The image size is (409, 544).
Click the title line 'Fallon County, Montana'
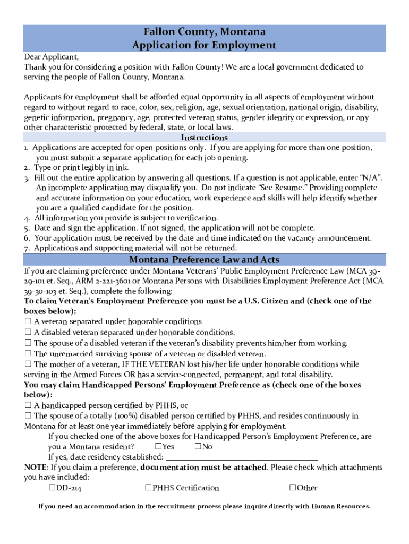(204, 32)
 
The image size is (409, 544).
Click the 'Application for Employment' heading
(204, 45)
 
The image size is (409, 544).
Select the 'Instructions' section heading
(204, 138)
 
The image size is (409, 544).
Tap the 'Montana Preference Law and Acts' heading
(204, 260)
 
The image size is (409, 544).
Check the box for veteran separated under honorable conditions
(28, 321)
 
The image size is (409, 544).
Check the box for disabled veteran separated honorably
(28, 332)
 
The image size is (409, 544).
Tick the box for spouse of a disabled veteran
(28, 343)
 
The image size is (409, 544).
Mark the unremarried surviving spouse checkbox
(28, 354)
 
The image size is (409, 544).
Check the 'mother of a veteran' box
(28, 364)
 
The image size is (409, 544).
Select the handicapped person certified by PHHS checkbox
(28, 405)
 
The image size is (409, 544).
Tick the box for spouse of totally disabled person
(28, 416)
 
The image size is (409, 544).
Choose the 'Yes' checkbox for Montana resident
(158, 447)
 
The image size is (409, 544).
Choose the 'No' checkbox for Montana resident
(198, 447)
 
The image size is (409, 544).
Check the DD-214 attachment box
(52, 488)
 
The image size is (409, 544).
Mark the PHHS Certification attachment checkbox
(149, 488)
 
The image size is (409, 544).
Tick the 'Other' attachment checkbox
(293, 488)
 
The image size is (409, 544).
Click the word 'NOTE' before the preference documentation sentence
(35, 467)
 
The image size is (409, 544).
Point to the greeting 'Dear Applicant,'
(51, 57)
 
